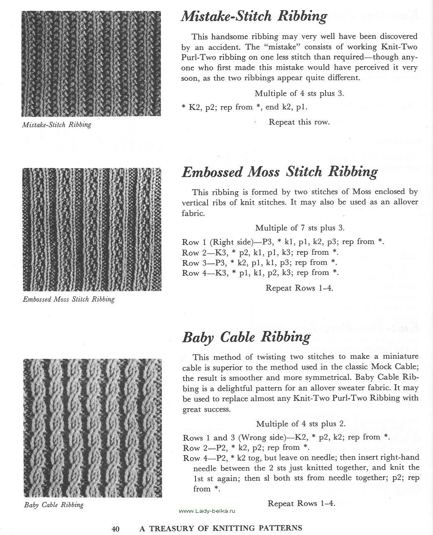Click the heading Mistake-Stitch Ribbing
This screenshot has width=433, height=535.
pos(254,16)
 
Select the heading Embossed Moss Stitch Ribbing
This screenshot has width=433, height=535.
pos(279,172)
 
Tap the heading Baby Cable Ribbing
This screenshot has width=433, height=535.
pos(246,337)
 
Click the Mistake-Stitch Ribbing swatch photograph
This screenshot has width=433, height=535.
pos(91,63)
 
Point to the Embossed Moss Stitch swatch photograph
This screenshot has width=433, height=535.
pos(91,230)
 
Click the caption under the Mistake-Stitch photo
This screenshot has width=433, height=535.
pos(57,124)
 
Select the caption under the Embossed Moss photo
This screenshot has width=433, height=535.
pos(68,299)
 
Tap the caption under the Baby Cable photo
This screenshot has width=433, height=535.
pos(54,505)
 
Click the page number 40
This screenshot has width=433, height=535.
pos(115,528)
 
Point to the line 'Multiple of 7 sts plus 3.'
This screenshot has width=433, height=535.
pos(300,228)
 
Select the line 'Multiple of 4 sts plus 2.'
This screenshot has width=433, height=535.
pos(300,423)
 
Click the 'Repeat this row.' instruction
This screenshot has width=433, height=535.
pos(299,122)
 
